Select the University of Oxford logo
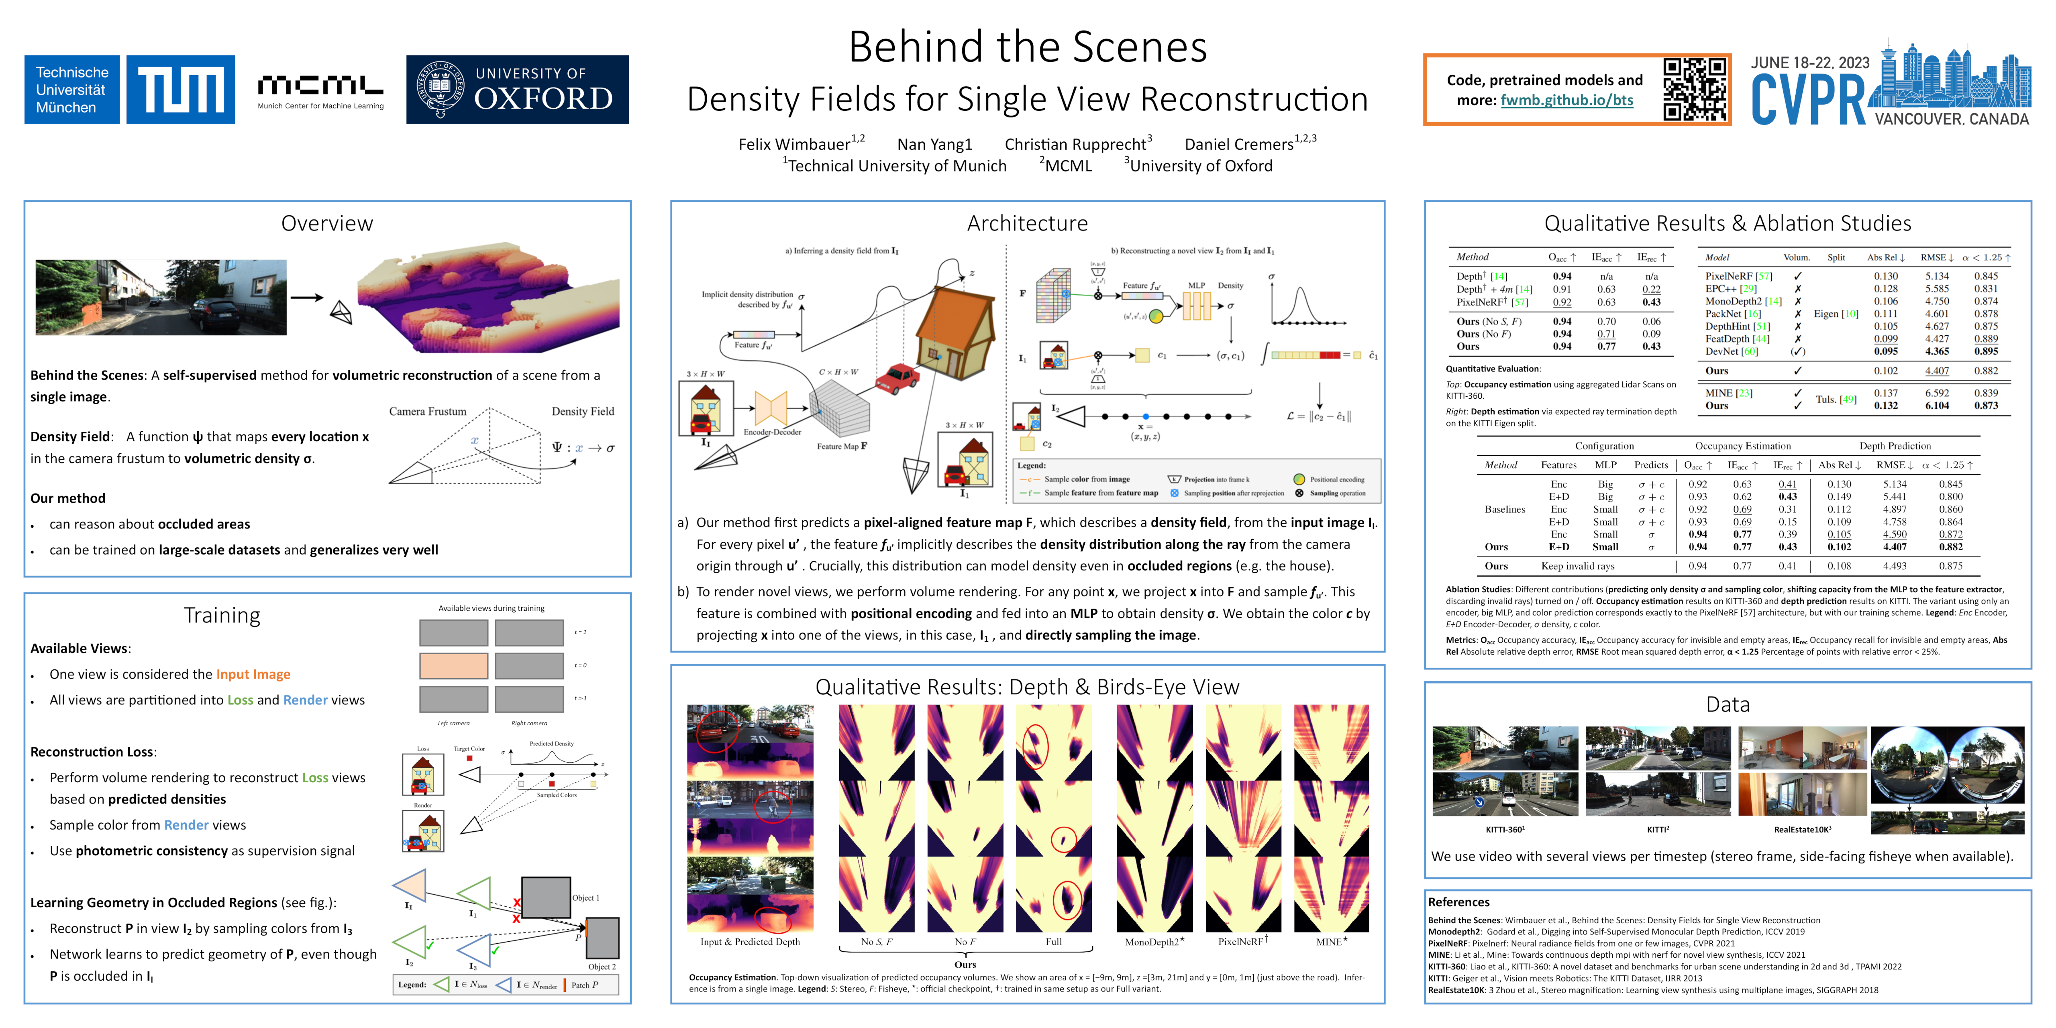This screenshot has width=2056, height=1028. (517, 90)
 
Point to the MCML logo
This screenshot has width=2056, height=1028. (320, 90)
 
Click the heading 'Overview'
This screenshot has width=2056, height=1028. (326, 224)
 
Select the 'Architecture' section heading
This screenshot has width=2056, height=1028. (1027, 224)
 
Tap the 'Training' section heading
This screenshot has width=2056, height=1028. (222, 615)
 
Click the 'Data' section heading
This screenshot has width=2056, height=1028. (1727, 704)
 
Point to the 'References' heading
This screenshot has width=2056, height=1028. (1458, 902)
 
